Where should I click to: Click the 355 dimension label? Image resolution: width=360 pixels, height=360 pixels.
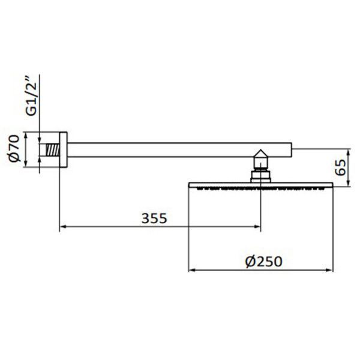[x=154, y=218]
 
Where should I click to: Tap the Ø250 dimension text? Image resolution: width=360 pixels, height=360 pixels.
[x=263, y=262]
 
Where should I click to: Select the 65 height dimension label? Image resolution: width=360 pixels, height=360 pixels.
[x=340, y=167]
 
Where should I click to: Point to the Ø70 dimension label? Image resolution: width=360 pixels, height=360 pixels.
[x=14, y=149]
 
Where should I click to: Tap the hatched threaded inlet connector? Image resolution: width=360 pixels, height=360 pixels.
[x=52, y=150]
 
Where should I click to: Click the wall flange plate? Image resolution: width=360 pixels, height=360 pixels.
[x=64, y=149]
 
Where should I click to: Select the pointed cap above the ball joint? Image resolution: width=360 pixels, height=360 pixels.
[x=261, y=154]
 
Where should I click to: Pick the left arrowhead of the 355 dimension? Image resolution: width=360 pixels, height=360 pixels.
[x=63, y=227]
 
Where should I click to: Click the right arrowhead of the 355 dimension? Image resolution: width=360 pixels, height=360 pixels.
[x=257, y=227]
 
